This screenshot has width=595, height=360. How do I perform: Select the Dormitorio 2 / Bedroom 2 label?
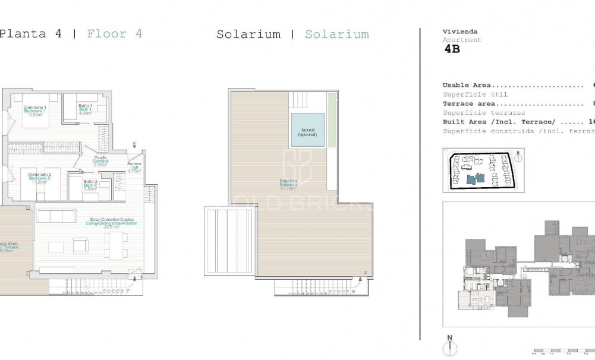coord(34,178)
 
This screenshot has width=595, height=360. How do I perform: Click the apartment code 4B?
coord(452,50)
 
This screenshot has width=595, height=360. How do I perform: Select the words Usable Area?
coord(467,85)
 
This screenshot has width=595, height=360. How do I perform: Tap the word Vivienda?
coord(459,31)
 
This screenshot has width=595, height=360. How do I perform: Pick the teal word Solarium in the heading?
coord(336,34)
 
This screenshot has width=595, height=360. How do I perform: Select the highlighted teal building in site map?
coord(475,178)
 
